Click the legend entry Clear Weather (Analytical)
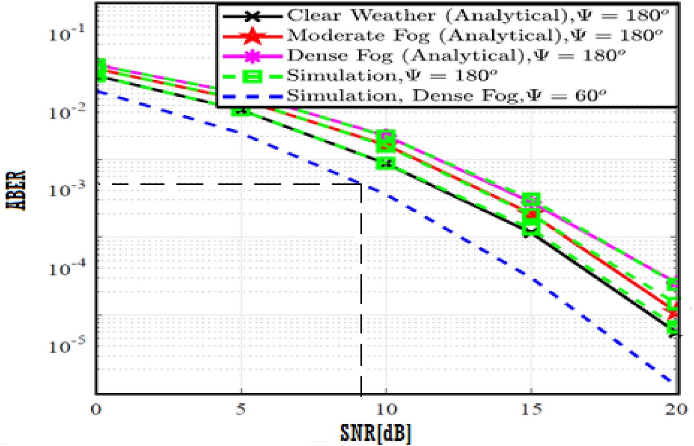tap(444, 16)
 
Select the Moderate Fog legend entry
tap(444, 36)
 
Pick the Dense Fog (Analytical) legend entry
tap(444, 56)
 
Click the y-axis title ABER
tap(17, 190)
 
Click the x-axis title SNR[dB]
tap(375, 433)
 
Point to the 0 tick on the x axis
tap(96, 409)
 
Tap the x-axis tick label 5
tap(241, 409)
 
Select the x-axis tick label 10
tap(386, 409)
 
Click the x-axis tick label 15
tap(531, 409)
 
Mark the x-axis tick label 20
tap(676, 409)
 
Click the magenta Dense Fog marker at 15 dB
tap(531, 200)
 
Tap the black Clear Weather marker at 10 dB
tap(386, 163)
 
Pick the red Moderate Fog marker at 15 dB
tap(531, 215)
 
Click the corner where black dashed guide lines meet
tap(361, 184)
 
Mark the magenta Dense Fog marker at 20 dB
tap(674, 283)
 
